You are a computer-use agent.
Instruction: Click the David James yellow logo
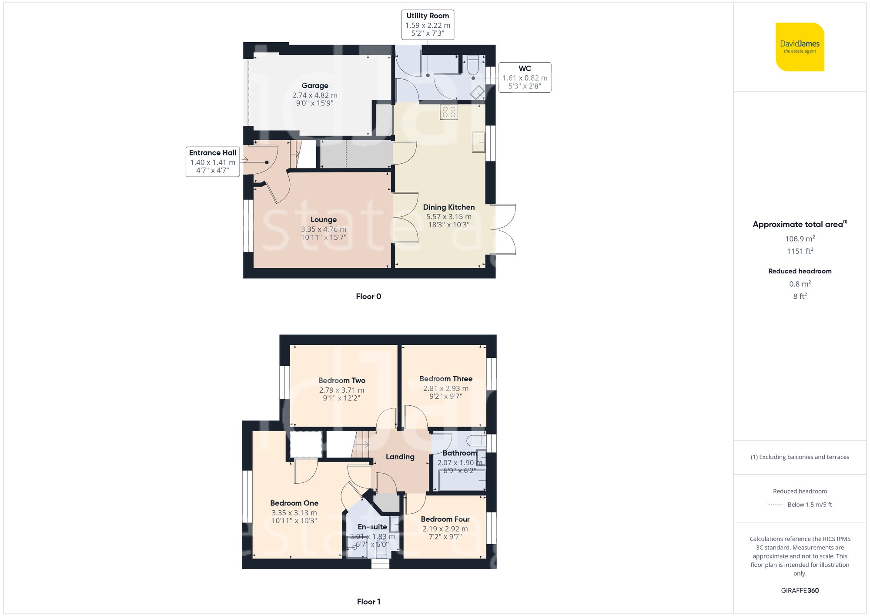click(800, 47)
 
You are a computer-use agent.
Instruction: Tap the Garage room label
click(315, 86)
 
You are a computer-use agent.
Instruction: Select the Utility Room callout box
click(428, 25)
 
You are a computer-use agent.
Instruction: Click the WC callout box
click(525, 77)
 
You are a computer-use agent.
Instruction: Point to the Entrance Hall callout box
click(213, 162)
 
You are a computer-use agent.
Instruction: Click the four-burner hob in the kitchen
click(448, 112)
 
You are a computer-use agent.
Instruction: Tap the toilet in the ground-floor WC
click(473, 65)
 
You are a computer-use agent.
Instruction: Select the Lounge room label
click(323, 220)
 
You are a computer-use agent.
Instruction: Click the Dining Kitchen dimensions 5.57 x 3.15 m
click(448, 216)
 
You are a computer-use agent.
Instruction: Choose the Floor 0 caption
click(368, 296)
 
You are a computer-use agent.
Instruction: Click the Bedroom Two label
click(341, 380)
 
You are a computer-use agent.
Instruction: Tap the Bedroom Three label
click(445, 379)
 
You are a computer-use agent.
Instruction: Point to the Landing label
click(400, 457)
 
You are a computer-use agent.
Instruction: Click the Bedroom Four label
click(445, 519)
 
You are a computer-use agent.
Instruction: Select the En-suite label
click(372, 527)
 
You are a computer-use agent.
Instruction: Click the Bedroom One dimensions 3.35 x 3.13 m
click(294, 513)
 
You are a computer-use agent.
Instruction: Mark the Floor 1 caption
click(368, 602)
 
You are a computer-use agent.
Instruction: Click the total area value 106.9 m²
click(800, 239)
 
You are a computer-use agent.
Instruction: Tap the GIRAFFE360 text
click(800, 591)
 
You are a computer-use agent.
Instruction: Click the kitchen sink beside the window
click(478, 142)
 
